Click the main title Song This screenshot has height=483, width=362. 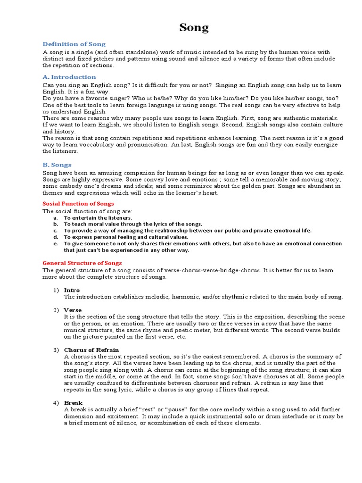coord(194,28)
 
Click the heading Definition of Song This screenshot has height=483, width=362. coord(74,44)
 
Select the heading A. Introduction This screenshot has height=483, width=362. coord(69,77)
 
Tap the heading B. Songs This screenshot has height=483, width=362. coord(57,165)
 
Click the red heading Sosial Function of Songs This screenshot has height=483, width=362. coord(78,203)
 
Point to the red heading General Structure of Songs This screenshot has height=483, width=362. coord(82,263)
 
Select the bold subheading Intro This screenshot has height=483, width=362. coord(72,290)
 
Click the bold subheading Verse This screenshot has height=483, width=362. coord(73,310)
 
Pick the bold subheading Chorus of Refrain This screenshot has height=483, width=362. coord(91,350)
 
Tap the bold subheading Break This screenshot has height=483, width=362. coord(73,403)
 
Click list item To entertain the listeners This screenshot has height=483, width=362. coord(98,218)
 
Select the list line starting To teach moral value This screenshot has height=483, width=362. coord(133,224)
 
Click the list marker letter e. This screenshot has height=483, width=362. coord(55,244)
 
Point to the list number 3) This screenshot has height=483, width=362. coord(56,350)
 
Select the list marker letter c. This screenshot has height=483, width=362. coord(55,231)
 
